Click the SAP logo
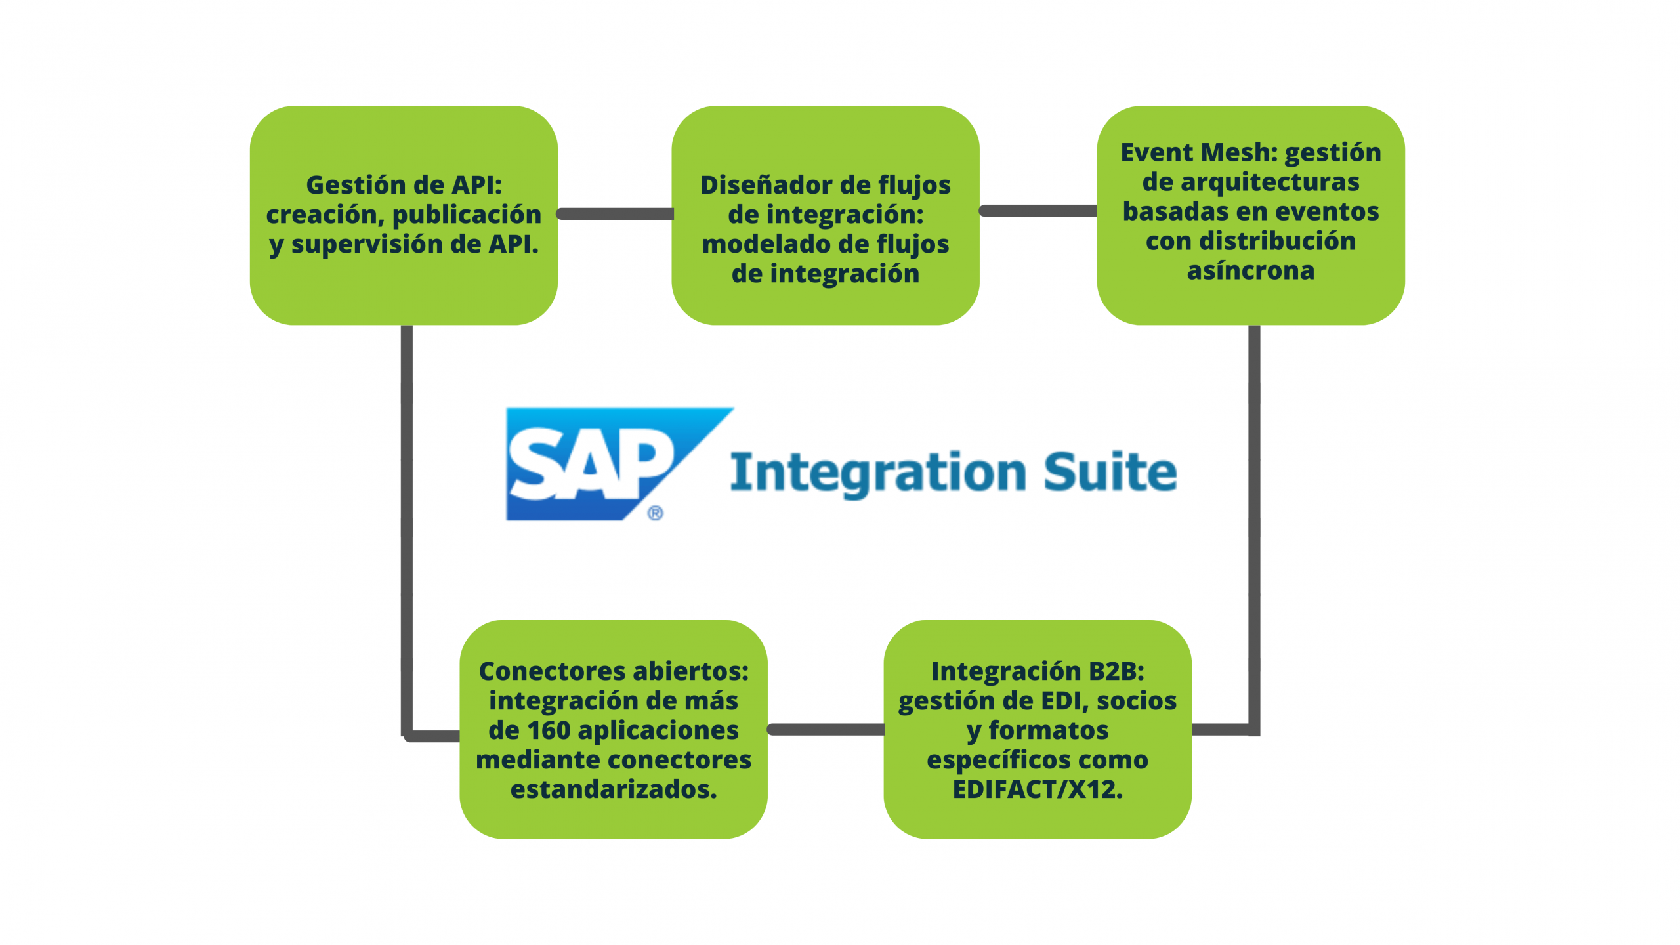point(591,463)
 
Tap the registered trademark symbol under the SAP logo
point(655,513)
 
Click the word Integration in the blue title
point(878,472)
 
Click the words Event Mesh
point(1198,152)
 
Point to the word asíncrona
point(1251,270)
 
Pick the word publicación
point(467,215)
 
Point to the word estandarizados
point(614,789)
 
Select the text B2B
point(1116,671)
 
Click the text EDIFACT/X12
point(1038,789)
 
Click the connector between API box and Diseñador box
point(615,214)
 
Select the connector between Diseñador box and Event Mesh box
point(1038,211)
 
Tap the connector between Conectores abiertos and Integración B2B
point(826,730)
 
